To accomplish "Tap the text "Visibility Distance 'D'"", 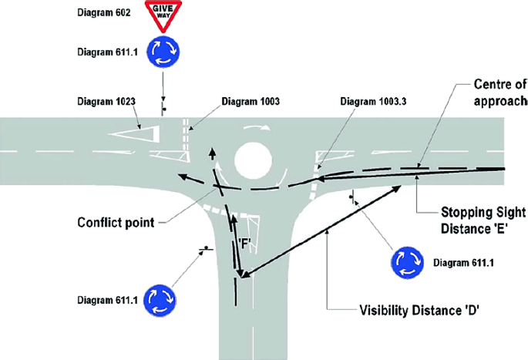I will [409, 311].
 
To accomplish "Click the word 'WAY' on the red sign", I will [164, 15].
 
